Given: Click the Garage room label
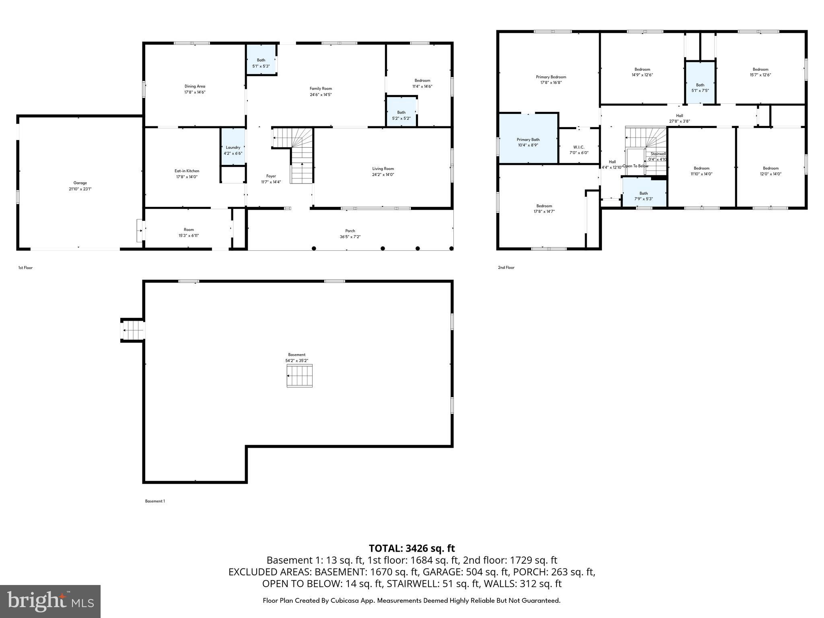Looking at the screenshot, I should [80, 183].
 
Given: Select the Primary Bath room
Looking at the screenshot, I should [528, 140].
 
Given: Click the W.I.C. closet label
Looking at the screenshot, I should [579, 147].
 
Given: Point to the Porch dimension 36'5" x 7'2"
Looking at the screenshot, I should [350, 237].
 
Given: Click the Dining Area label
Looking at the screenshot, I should [195, 86].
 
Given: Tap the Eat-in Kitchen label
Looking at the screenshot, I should [187, 171].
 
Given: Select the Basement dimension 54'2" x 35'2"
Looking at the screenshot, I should [297, 361].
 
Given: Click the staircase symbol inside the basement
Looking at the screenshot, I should [299, 376].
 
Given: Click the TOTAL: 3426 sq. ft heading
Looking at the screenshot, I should [412, 548].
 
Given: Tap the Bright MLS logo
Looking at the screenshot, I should [50, 601].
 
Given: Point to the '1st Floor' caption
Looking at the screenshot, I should [25, 268].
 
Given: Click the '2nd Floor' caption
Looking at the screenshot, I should [506, 268].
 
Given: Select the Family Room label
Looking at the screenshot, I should [321, 89].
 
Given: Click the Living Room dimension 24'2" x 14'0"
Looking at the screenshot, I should [383, 175].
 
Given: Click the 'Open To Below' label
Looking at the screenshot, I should [635, 166].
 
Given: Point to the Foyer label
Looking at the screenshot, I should [271, 176].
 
